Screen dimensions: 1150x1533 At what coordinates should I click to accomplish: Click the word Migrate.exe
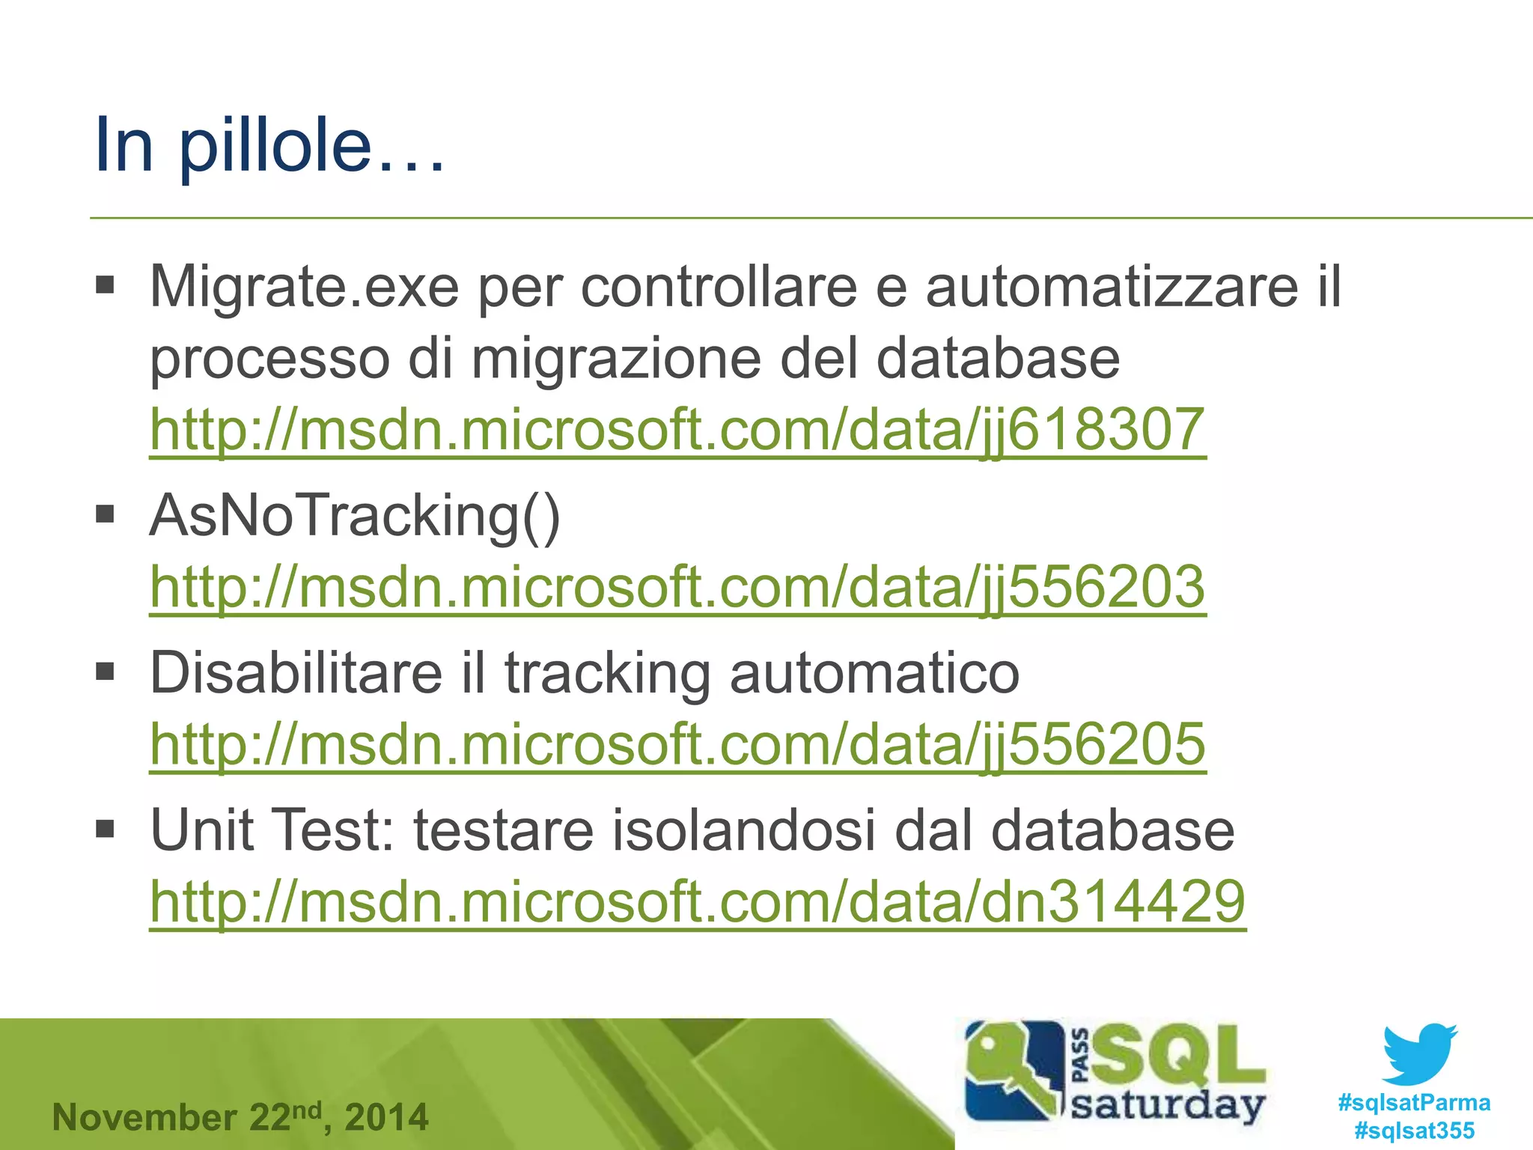point(304,287)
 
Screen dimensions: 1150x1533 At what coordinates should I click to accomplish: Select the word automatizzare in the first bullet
point(1112,287)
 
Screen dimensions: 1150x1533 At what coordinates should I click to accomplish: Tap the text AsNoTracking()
point(355,517)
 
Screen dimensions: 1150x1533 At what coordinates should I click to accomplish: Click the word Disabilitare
point(296,672)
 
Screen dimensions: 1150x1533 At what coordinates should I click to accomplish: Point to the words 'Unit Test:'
point(272,830)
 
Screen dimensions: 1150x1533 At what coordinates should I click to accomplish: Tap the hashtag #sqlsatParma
point(1414,1103)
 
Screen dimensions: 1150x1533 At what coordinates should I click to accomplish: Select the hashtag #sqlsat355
point(1414,1131)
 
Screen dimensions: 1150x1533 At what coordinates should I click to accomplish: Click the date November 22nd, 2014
point(240,1117)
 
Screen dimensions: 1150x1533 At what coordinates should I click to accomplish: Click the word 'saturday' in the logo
point(1168,1105)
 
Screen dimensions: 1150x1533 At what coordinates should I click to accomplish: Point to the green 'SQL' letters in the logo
point(1179,1056)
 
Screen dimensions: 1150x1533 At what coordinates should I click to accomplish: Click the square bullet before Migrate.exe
point(105,285)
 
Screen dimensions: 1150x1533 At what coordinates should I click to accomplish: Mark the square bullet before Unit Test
point(105,829)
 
